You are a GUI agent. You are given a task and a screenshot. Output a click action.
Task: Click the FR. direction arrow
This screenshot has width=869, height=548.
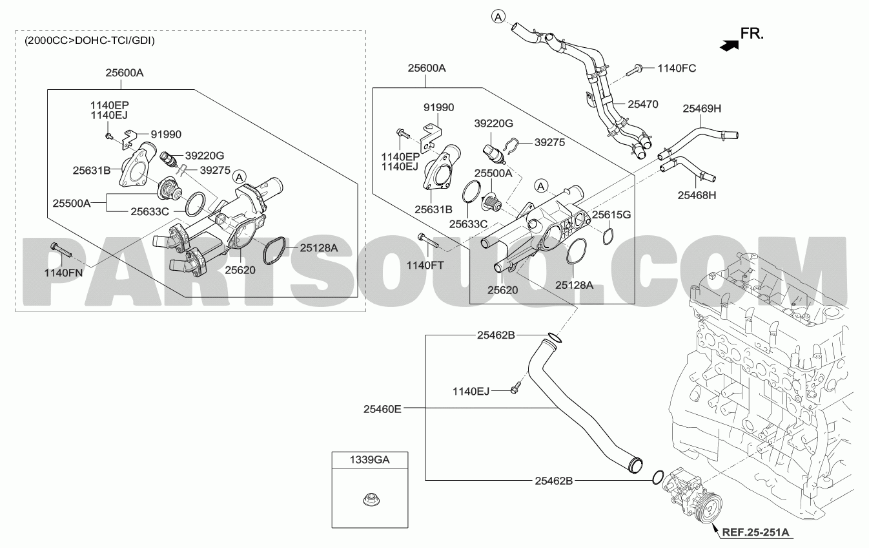point(729,45)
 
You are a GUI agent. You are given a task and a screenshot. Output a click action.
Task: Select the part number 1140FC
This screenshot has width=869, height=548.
point(677,68)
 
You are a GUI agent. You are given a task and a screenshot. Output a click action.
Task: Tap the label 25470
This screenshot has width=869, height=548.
point(643,104)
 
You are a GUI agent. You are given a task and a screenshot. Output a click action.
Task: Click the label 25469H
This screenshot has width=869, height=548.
point(702,109)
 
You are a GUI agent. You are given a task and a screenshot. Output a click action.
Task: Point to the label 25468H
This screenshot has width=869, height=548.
point(697,195)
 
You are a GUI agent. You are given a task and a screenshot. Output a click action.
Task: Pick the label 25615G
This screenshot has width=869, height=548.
point(611,215)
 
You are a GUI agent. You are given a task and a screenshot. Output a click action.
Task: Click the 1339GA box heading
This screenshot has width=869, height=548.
point(369,460)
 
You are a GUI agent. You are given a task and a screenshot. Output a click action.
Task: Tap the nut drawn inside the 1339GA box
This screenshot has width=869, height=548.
point(369,500)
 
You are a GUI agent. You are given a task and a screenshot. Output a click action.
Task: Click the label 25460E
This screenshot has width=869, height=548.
point(382,409)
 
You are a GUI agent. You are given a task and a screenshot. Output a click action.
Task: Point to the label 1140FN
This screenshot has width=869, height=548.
point(63,273)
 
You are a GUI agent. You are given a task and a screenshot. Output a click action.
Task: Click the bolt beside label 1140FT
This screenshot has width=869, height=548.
point(428,240)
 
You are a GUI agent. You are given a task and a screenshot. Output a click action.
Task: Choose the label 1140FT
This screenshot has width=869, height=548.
point(425,265)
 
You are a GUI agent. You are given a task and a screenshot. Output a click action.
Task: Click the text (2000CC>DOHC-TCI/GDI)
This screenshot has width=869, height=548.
point(90,41)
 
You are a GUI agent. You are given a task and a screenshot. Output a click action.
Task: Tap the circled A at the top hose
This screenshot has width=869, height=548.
point(498,16)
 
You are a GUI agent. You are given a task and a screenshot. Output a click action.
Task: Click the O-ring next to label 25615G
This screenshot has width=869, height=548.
point(608,237)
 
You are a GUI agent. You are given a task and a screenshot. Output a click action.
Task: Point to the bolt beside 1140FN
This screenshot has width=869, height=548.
point(61,251)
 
